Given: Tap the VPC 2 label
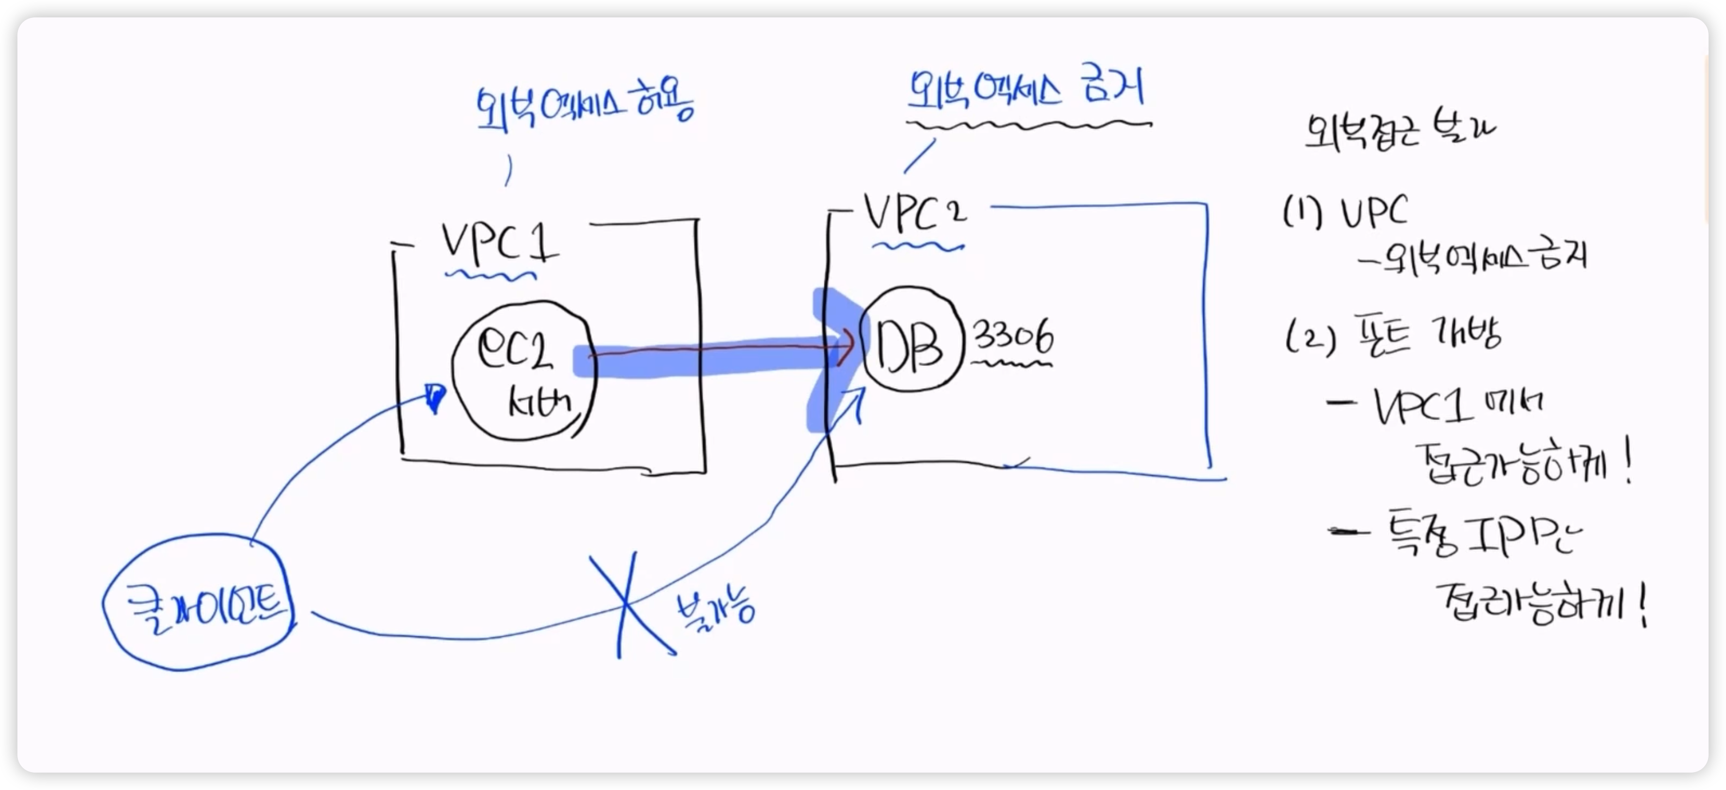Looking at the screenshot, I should pyautogui.click(x=915, y=213).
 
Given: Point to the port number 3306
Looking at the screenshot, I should pyautogui.click(x=1013, y=337).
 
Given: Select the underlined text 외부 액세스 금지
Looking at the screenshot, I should pyautogui.click(x=1025, y=90).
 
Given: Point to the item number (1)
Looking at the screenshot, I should pyautogui.click(x=1302, y=213).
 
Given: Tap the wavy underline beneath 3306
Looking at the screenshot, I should pyautogui.click(x=1012, y=365).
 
